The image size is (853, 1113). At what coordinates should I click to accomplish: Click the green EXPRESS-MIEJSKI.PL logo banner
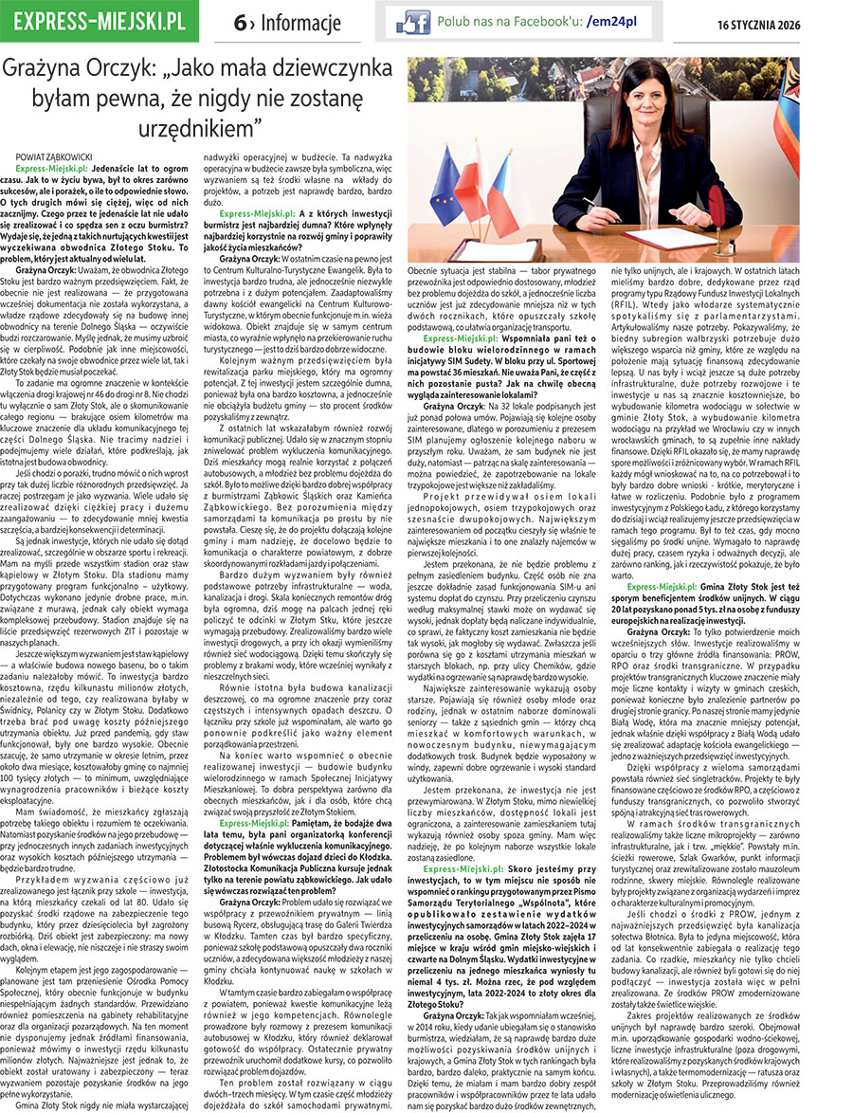(100, 20)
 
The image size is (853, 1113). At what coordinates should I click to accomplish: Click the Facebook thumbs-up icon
(411, 21)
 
